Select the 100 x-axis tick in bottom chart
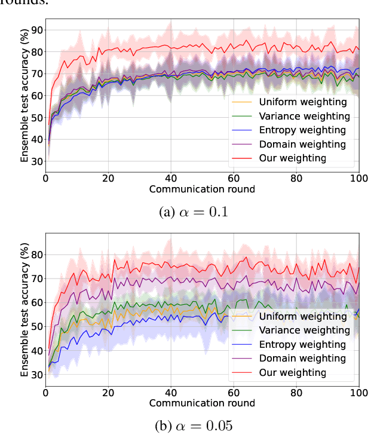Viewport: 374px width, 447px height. tap(358, 393)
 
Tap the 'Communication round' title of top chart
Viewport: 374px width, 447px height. tap(202, 189)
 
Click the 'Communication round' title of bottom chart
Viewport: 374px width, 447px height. tap(202, 403)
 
